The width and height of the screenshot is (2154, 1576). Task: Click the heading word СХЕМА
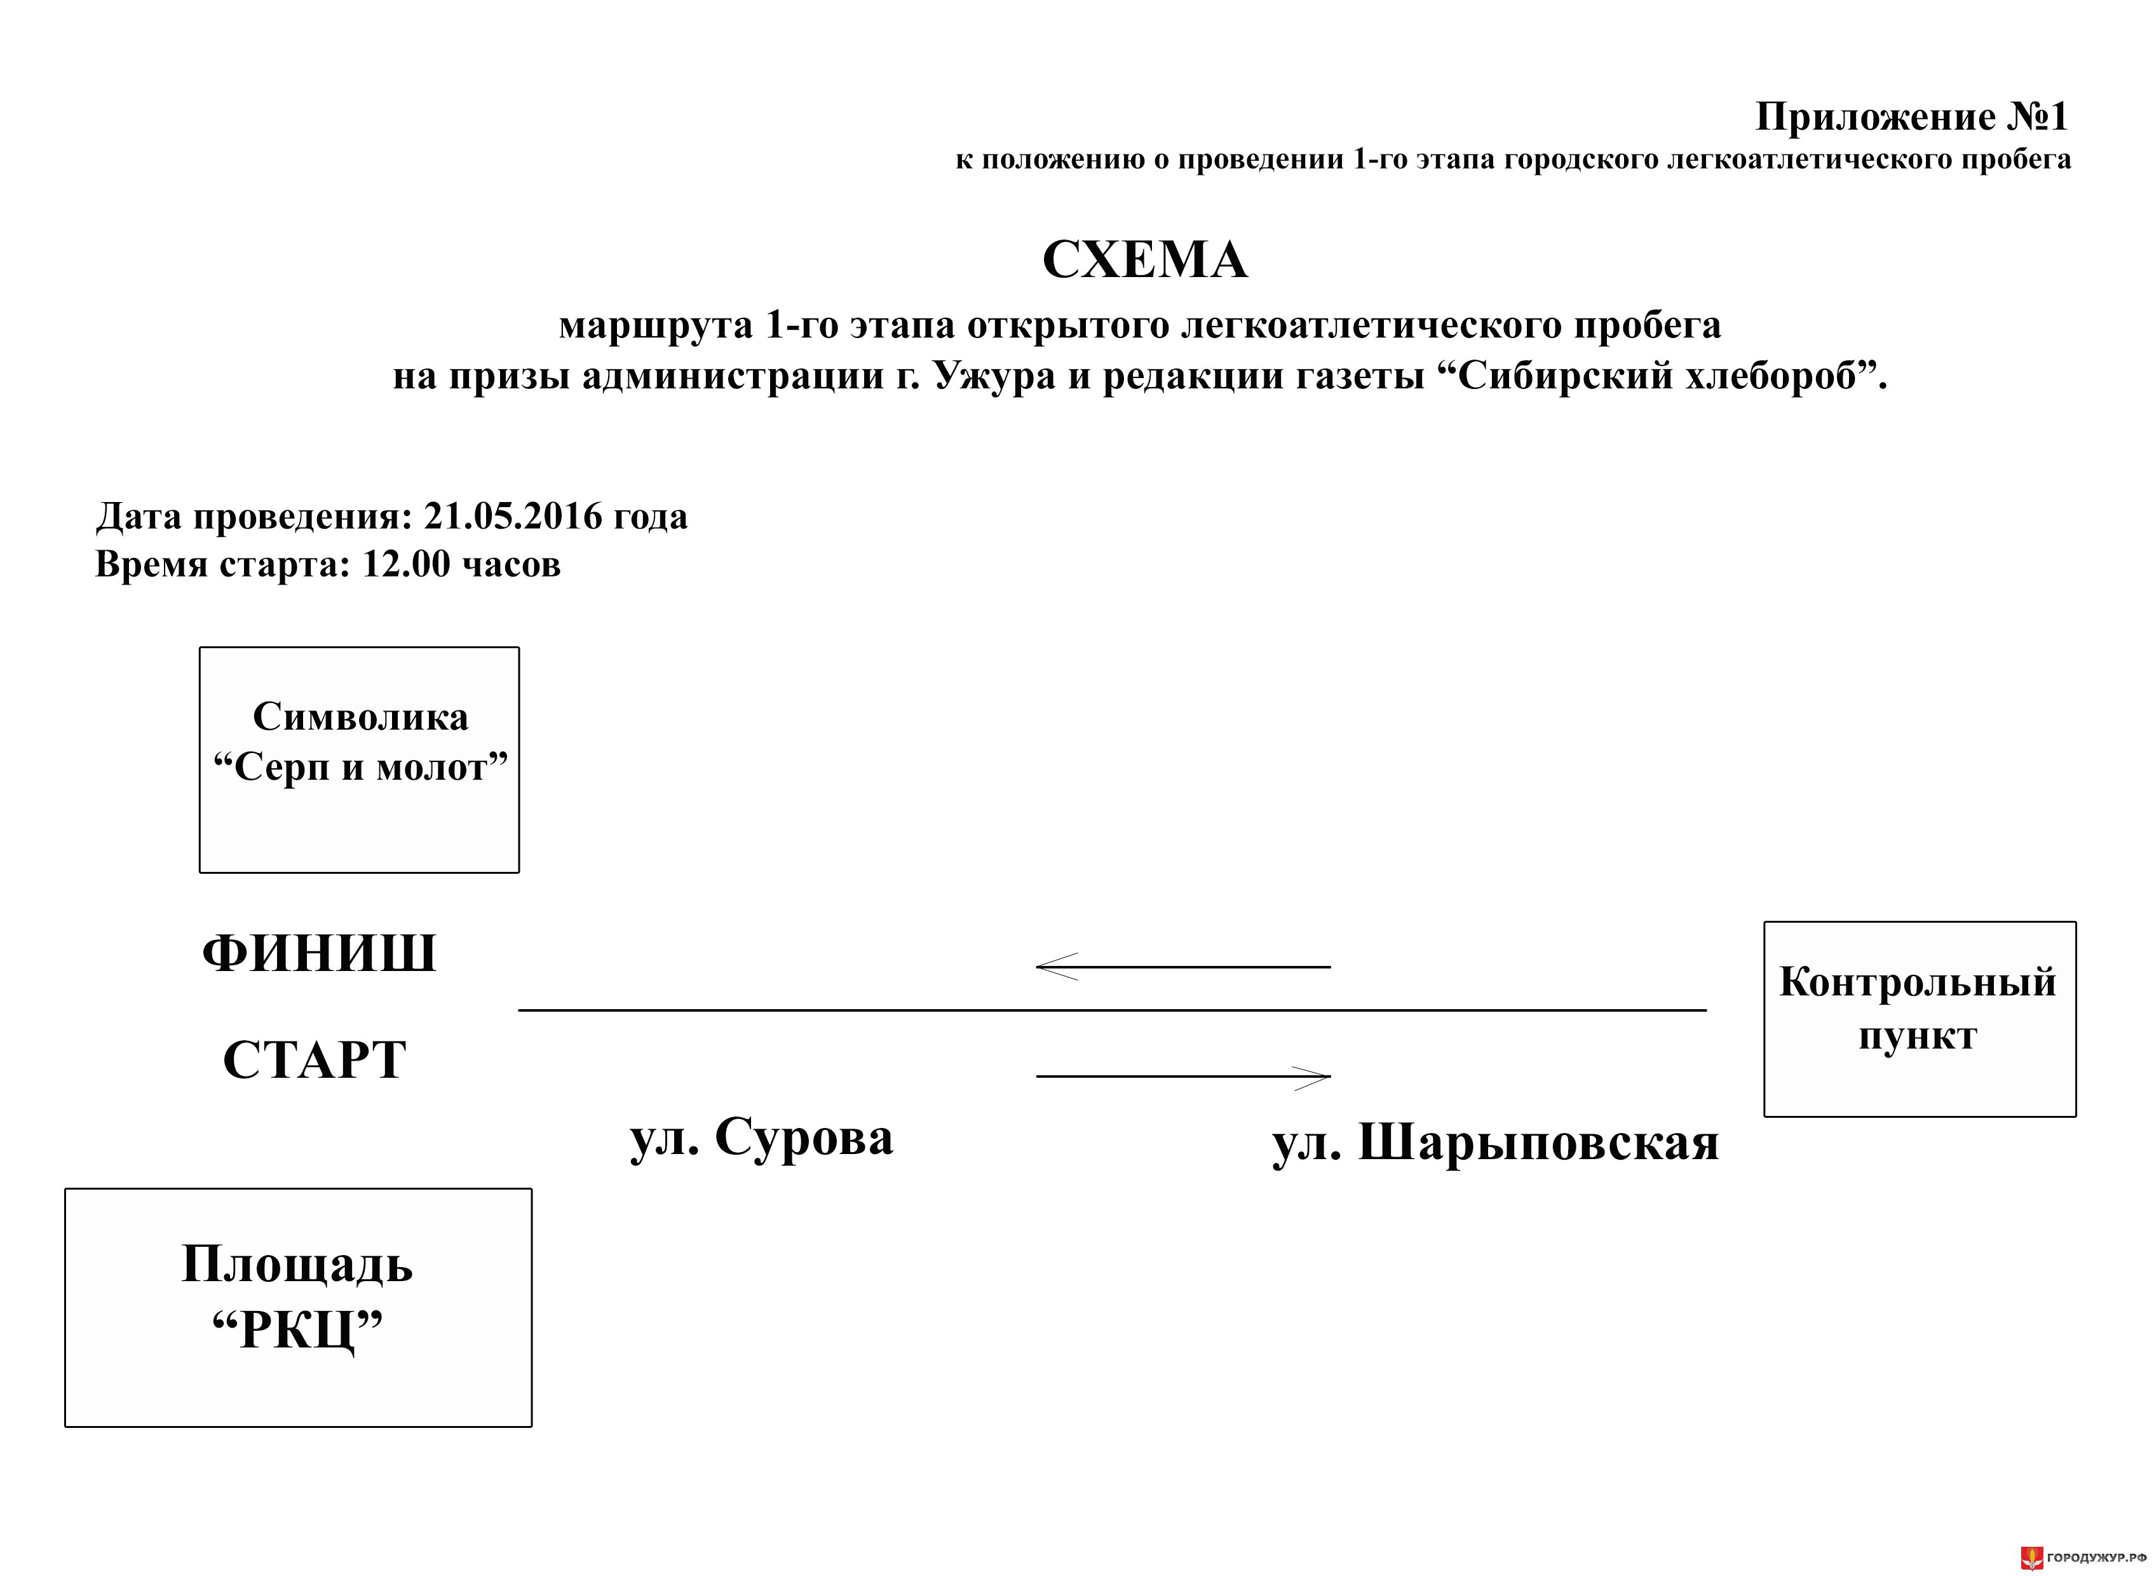click(1145, 259)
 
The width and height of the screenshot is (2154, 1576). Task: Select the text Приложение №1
click(1912, 118)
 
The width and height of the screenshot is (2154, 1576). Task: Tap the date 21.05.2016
click(513, 516)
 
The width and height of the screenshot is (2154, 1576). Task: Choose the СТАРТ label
click(315, 1060)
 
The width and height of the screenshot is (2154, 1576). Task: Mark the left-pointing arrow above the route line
click(1183, 967)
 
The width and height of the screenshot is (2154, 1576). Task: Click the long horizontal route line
click(1113, 1009)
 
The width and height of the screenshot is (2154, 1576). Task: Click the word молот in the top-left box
click(431, 768)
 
